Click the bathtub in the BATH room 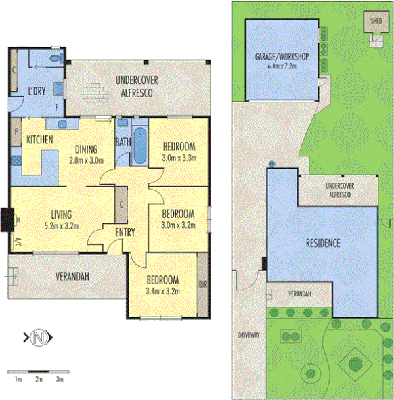139,145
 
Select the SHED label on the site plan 376,21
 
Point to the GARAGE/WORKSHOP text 282,57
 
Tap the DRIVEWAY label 249,335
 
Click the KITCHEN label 39,139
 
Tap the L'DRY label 35,91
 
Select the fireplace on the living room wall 7,219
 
